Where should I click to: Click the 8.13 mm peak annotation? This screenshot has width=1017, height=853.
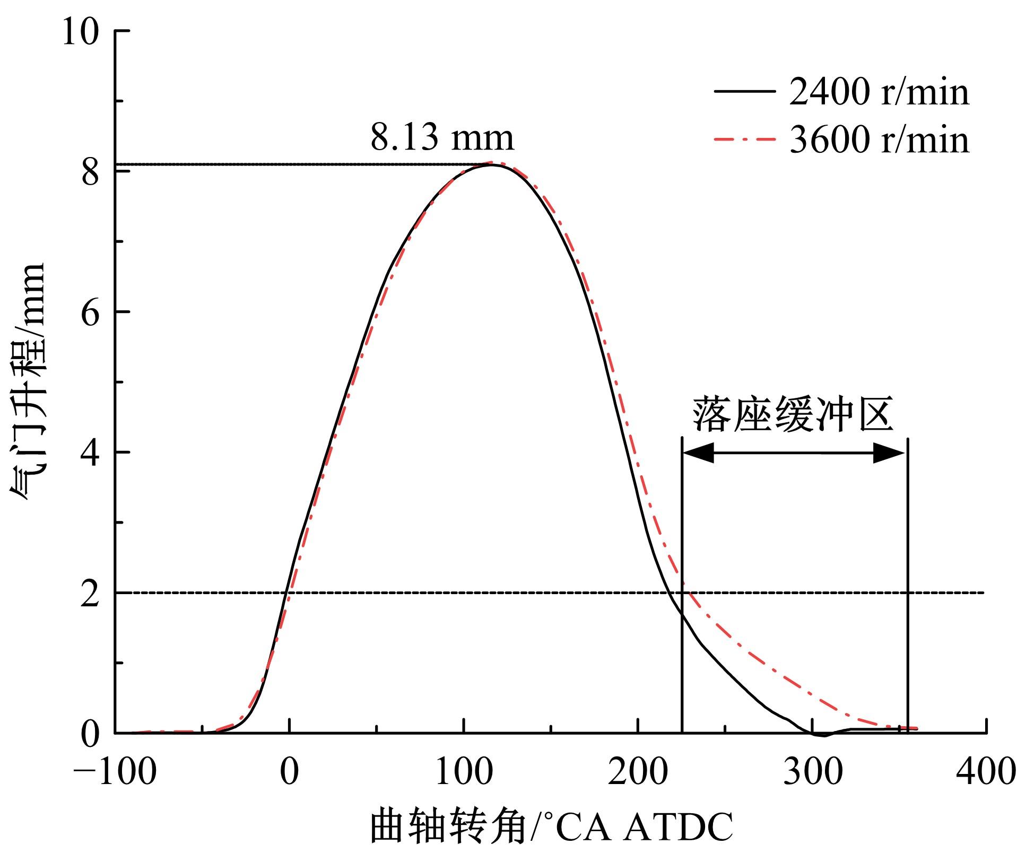click(x=442, y=137)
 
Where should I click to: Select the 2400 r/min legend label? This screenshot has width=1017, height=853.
click(x=879, y=92)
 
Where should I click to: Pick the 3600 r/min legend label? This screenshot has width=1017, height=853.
click(x=879, y=140)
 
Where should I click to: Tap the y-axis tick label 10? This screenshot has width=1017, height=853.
click(x=81, y=32)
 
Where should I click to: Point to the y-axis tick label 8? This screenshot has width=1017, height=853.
click(x=91, y=172)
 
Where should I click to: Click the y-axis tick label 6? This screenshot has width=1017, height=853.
click(x=91, y=313)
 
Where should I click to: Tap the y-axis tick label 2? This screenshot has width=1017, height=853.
click(x=91, y=593)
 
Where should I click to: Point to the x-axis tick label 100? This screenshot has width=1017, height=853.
click(x=464, y=772)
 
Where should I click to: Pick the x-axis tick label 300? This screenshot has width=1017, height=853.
click(x=812, y=772)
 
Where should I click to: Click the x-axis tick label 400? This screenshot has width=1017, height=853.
click(x=986, y=772)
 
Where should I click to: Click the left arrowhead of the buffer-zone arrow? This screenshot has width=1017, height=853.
click(x=696, y=453)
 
